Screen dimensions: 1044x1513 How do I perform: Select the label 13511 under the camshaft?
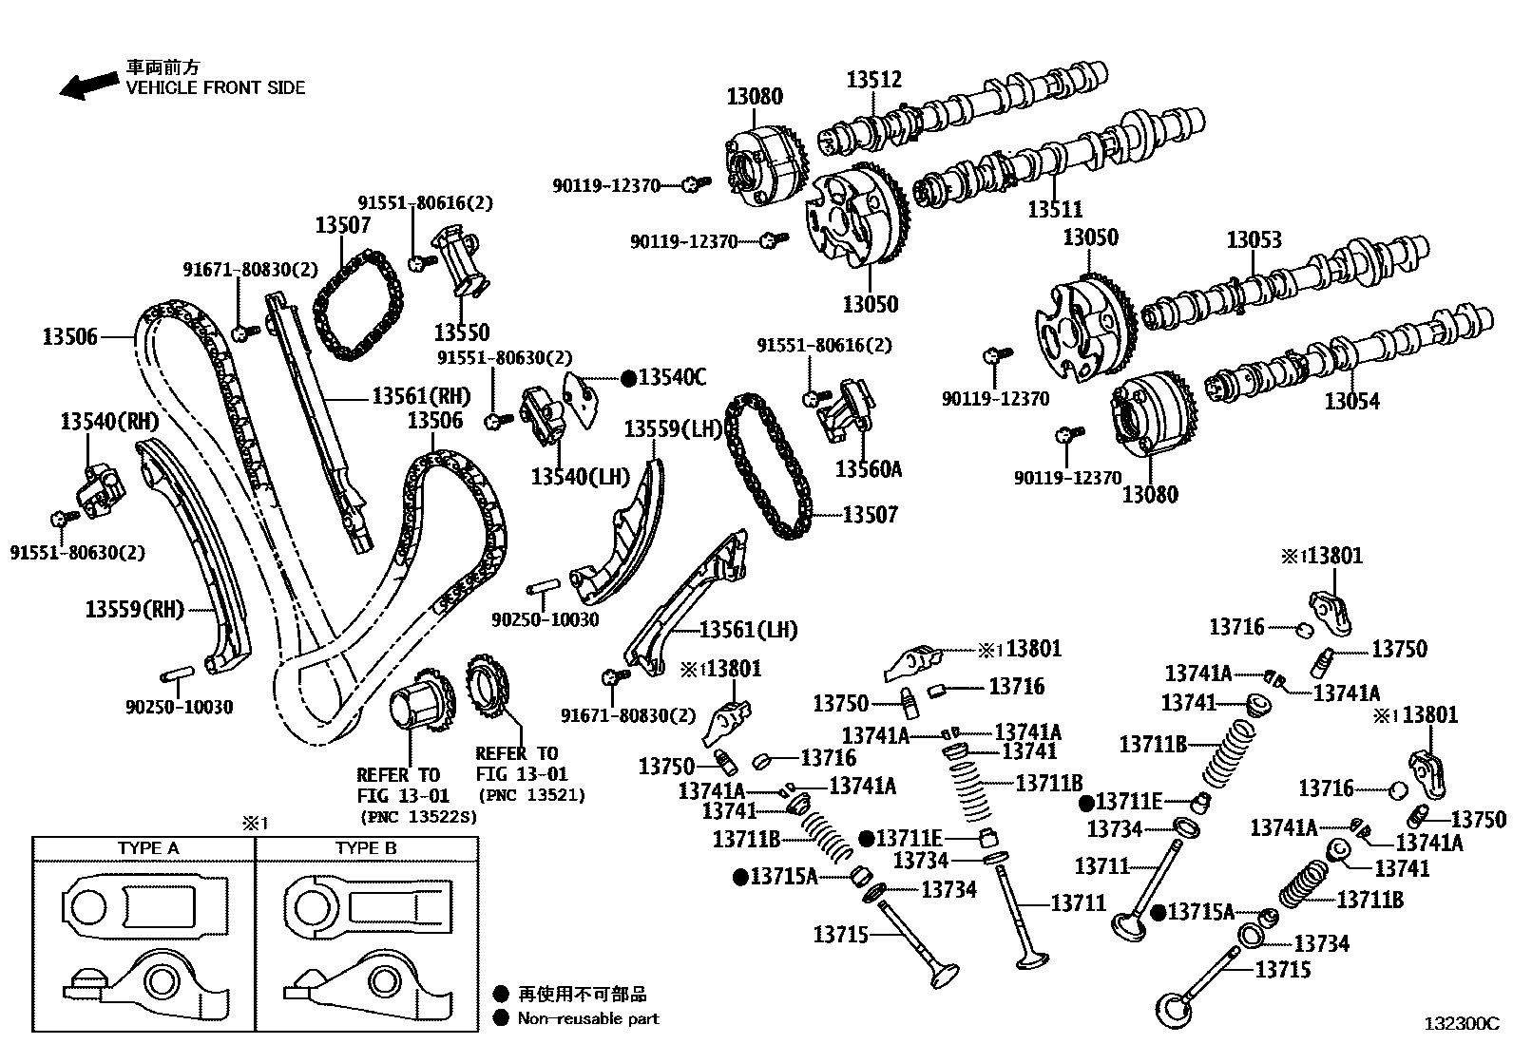(x=1055, y=209)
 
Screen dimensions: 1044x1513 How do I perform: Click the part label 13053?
(x=1254, y=239)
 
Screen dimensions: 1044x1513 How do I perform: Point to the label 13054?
(x=1351, y=401)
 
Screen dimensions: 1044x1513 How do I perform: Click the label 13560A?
(x=869, y=469)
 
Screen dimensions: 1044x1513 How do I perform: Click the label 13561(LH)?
(x=748, y=630)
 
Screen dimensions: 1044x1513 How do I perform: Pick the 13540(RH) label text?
(x=109, y=421)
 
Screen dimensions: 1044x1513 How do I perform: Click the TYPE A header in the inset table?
(x=147, y=847)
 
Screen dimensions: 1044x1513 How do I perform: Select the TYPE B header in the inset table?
(x=365, y=847)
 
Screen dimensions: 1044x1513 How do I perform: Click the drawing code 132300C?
(x=1460, y=1024)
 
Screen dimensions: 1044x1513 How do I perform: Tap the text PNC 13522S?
(x=418, y=816)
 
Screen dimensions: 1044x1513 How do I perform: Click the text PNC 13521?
(x=531, y=795)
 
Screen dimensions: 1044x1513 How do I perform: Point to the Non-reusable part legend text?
(x=587, y=1018)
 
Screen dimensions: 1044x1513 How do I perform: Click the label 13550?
(x=462, y=332)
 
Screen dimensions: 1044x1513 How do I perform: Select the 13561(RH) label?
(x=421, y=396)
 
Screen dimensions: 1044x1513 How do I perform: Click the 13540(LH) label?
(x=580, y=476)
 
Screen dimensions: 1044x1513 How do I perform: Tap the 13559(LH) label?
(x=674, y=429)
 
